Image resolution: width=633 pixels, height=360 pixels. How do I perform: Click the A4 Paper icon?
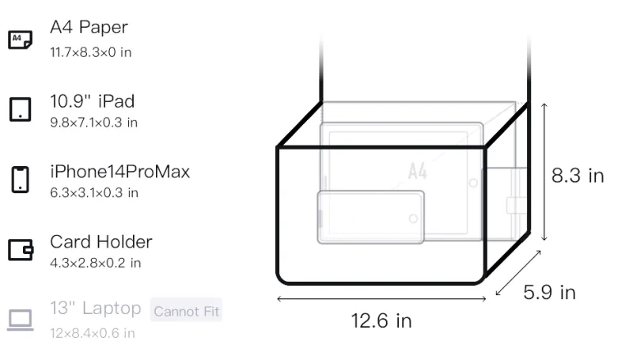[x=21, y=40]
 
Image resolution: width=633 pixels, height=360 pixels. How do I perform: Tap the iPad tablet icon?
[x=21, y=109]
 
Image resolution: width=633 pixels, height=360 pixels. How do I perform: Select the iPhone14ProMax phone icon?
[x=21, y=180]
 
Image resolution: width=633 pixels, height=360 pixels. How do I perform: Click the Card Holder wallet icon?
[x=21, y=250]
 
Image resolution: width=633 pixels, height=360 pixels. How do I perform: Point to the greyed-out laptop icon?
[x=21, y=320]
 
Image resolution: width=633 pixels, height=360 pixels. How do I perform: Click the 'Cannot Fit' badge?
[x=186, y=311]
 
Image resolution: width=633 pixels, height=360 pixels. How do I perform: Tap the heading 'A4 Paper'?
[x=89, y=27]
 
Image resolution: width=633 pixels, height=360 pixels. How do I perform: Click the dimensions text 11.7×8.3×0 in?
[x=91, y=52]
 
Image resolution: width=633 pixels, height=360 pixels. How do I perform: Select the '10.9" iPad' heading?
[x=92, y=101]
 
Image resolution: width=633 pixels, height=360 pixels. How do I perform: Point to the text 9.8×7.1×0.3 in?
[x=93, y=123]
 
